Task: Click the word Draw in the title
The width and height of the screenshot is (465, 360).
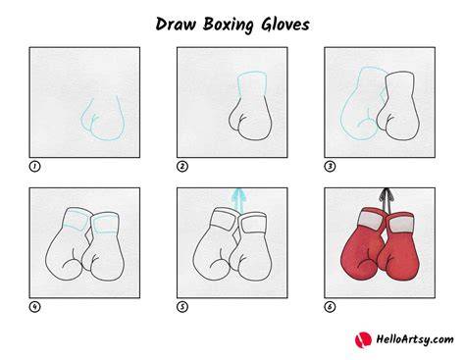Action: point(176,25)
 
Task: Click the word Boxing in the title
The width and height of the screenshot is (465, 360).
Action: point(229,26)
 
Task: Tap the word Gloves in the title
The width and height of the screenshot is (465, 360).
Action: point(285,25)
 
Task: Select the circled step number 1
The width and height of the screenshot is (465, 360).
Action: point(34,167)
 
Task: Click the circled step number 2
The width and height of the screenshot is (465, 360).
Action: point(182,167)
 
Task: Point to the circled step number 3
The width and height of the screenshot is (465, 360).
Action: point(330,167)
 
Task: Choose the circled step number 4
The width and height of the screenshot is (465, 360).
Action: point(34,307)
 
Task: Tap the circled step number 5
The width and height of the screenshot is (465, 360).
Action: point(182,307)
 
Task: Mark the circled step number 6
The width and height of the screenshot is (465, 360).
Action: point(330,307)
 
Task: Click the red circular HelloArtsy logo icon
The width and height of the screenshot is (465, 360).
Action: point(363,339)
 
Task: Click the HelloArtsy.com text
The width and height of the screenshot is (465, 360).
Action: point(415,339)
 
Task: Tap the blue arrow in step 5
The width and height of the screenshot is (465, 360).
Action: point(238,200)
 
